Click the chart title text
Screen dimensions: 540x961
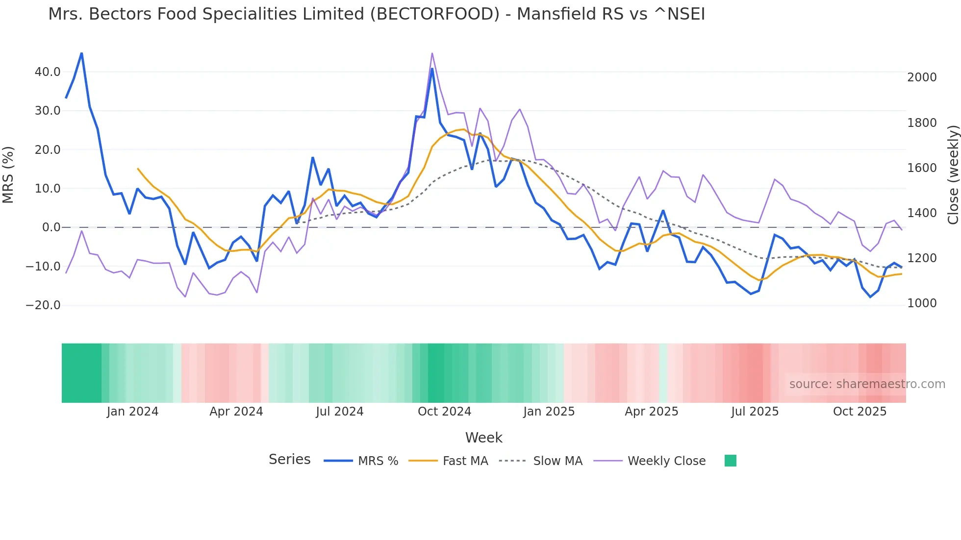(x=376, y=14)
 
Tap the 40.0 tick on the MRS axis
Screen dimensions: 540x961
(x=48, y=72)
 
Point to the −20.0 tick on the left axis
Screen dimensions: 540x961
(x=43, y=305)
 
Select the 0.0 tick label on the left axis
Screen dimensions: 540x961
(x=51, y=227)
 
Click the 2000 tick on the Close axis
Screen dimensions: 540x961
(x=922, y=77)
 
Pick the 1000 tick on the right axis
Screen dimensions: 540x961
(x=922, y=303)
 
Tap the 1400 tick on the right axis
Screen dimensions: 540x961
(x=922, y=213)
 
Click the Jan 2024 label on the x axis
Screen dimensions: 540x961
(x=132, y=412)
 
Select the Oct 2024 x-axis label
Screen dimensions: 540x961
(x=444, y=412)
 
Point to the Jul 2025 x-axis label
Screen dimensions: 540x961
(x=755, y=412)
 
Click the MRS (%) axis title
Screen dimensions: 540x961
(x=8, y=175)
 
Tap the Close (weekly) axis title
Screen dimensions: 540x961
(x=953, y=175)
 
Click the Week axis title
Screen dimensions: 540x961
(x=483, y=438)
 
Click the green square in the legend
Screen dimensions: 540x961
(x=730, y=461)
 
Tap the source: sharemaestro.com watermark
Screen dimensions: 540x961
(x=867, y=384)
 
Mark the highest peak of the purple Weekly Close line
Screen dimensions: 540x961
(x=432, y=53)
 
